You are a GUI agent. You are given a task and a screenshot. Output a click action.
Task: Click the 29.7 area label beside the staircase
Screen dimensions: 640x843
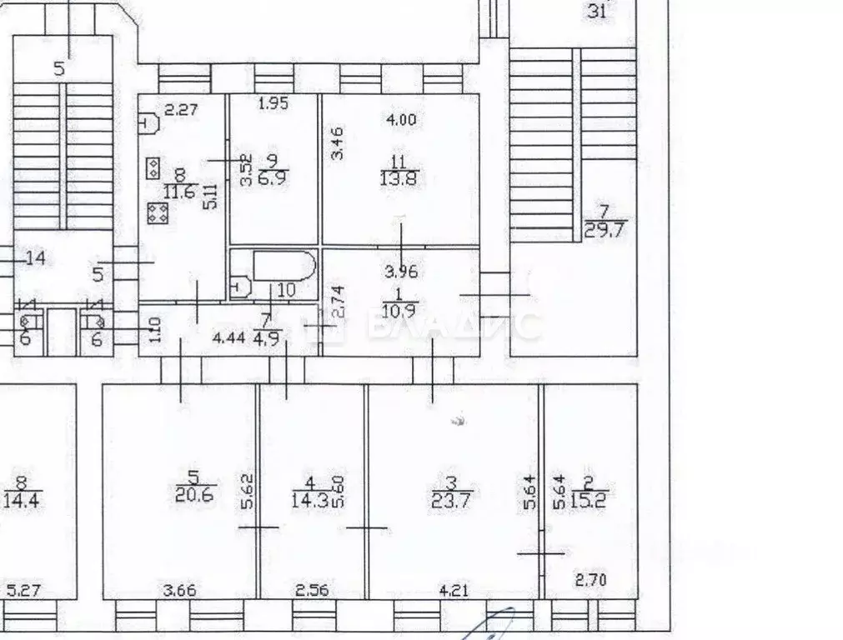pos(605,230)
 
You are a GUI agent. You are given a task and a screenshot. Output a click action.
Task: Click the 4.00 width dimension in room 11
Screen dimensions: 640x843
pos(400,119)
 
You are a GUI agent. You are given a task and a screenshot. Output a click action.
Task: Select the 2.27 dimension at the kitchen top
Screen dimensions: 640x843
pos(179,107)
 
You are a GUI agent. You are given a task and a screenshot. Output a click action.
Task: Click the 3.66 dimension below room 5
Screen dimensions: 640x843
pos(180,592)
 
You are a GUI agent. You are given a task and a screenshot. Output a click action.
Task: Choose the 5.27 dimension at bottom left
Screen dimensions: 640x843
pos(23,592)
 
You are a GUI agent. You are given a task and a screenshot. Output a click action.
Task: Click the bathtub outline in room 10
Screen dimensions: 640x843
pos(284,265)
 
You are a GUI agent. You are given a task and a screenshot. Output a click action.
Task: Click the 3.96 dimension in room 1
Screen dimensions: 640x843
pos(399,272)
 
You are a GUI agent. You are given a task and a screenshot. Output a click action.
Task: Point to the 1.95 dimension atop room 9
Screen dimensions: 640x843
pos(273,104)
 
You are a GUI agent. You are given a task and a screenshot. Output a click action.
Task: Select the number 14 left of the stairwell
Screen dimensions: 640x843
pos(34,258)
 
